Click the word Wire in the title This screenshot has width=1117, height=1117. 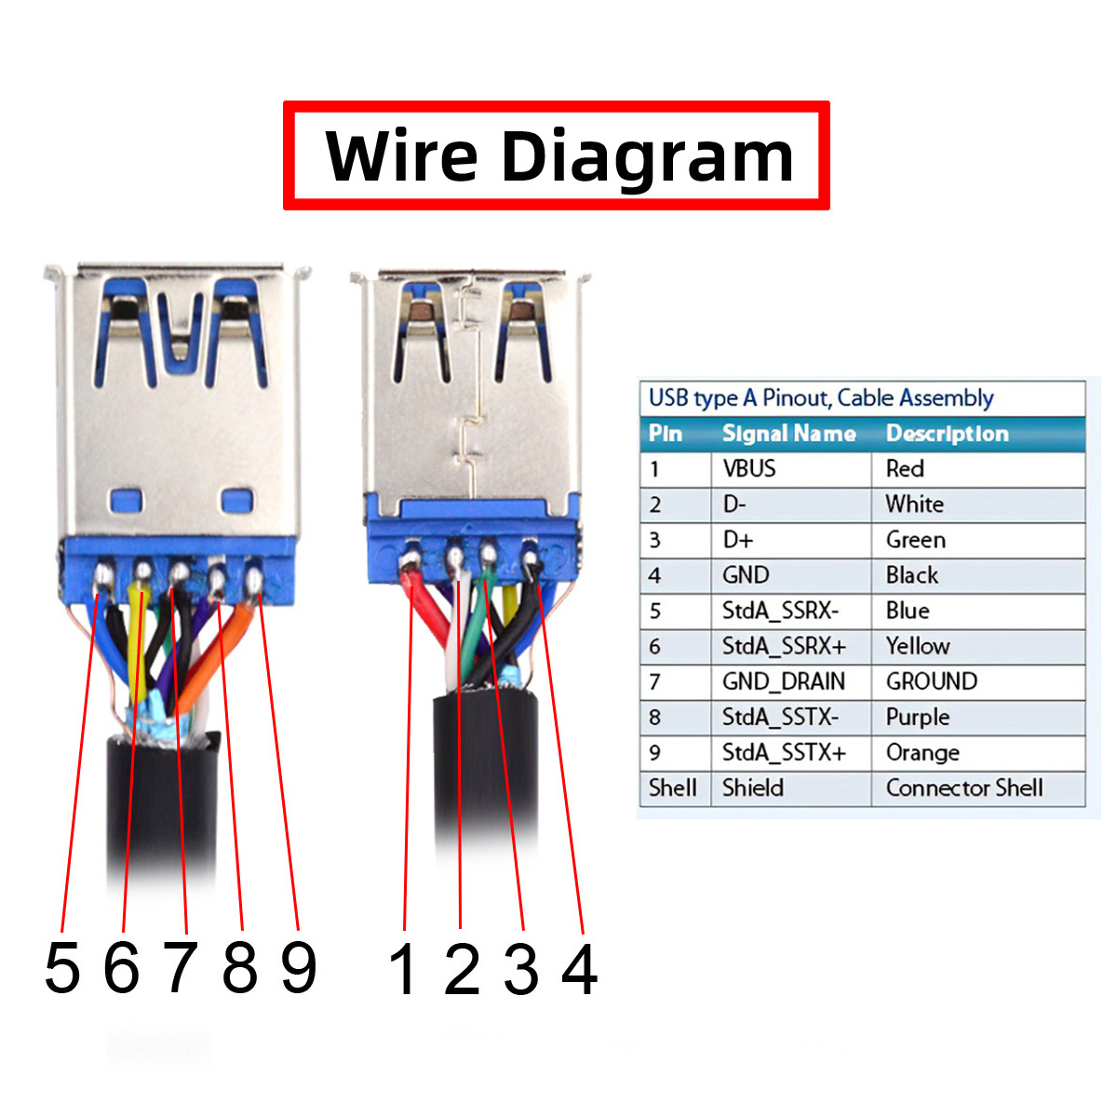(x=401, y=155)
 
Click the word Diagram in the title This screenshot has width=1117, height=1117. (x=647, y=160)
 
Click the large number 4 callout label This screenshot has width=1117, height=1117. (x=580, y=969)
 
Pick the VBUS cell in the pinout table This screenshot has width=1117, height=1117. (x=749, y=468)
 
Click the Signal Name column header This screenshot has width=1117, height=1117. (x=789, y=434)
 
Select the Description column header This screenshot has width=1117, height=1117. (x=948, y=434)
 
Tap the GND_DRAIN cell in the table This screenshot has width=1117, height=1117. (x=783, y=681)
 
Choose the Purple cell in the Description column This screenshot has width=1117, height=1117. (x=918, y=717)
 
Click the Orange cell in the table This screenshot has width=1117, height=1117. (x=922, y=752)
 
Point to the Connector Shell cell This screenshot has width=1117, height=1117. (x=964, y=787)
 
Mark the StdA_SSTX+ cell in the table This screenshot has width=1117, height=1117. (x=784, y=752)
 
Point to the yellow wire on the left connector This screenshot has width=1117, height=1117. (x=138, y=643)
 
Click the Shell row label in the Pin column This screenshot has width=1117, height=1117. (x=672, y=787)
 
